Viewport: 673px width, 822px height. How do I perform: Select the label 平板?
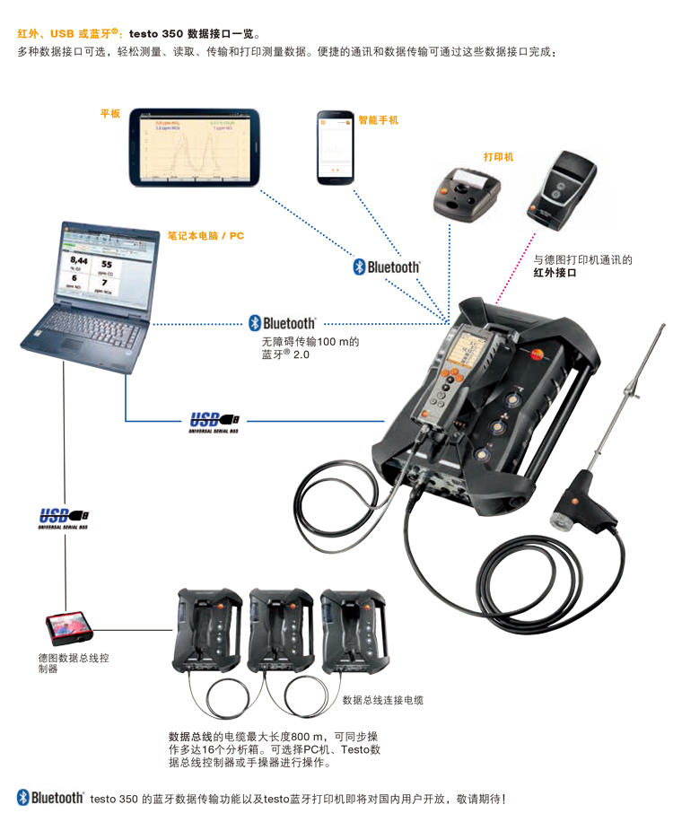point(109,114)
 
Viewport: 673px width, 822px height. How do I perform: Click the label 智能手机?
point(378,119)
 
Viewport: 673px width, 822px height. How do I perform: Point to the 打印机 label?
point(498,156)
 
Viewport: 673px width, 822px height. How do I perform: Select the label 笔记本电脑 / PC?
point(205,236)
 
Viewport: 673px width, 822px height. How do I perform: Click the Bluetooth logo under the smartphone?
point(386,267)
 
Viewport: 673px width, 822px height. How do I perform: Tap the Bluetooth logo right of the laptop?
point(282,322)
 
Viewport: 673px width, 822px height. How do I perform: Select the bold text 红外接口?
point(555,273)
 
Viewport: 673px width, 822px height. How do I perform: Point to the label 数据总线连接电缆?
point(383,699)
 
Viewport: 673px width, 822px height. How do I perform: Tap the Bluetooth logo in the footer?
point(50,797)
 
